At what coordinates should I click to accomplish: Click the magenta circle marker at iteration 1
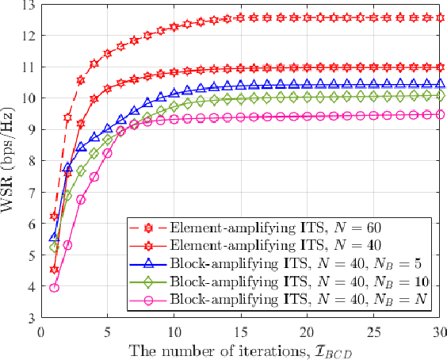pos(55,288)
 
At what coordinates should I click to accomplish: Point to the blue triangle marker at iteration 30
pos(441,82)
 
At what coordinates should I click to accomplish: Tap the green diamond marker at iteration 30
pos(441,95)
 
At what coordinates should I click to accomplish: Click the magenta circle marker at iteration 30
pos(441,114)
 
